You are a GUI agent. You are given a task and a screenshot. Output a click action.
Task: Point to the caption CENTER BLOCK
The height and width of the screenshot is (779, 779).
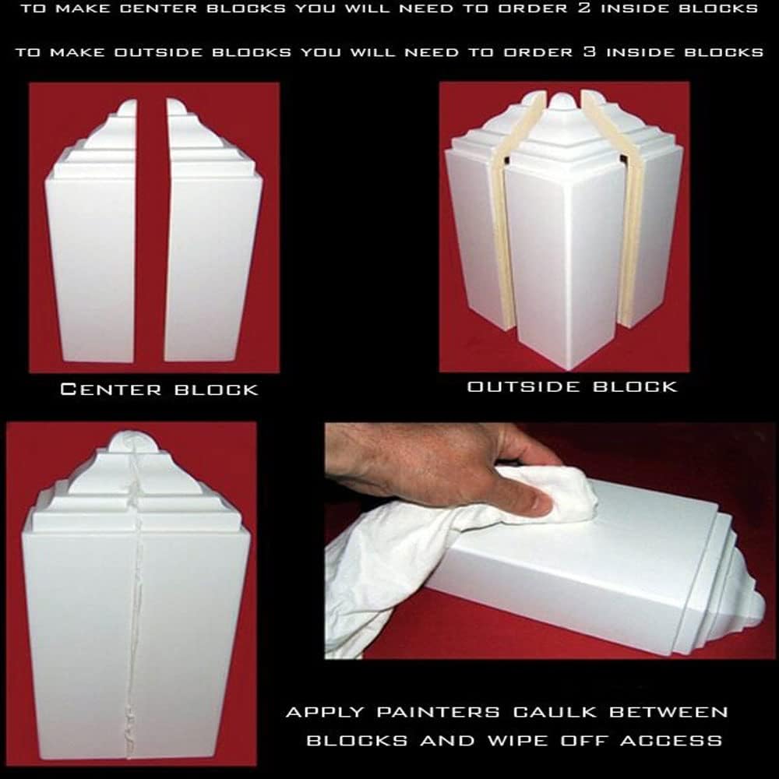pos(159,389)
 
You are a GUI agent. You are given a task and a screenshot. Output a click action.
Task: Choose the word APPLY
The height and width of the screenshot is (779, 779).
pos(322,712)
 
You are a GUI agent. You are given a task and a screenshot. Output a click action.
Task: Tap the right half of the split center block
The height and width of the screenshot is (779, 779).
pos(212,241)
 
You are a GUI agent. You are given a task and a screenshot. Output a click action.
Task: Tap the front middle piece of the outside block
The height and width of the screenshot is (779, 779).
pos(561,257)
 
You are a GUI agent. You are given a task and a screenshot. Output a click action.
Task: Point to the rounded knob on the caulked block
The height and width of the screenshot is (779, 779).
pos(124,442)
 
